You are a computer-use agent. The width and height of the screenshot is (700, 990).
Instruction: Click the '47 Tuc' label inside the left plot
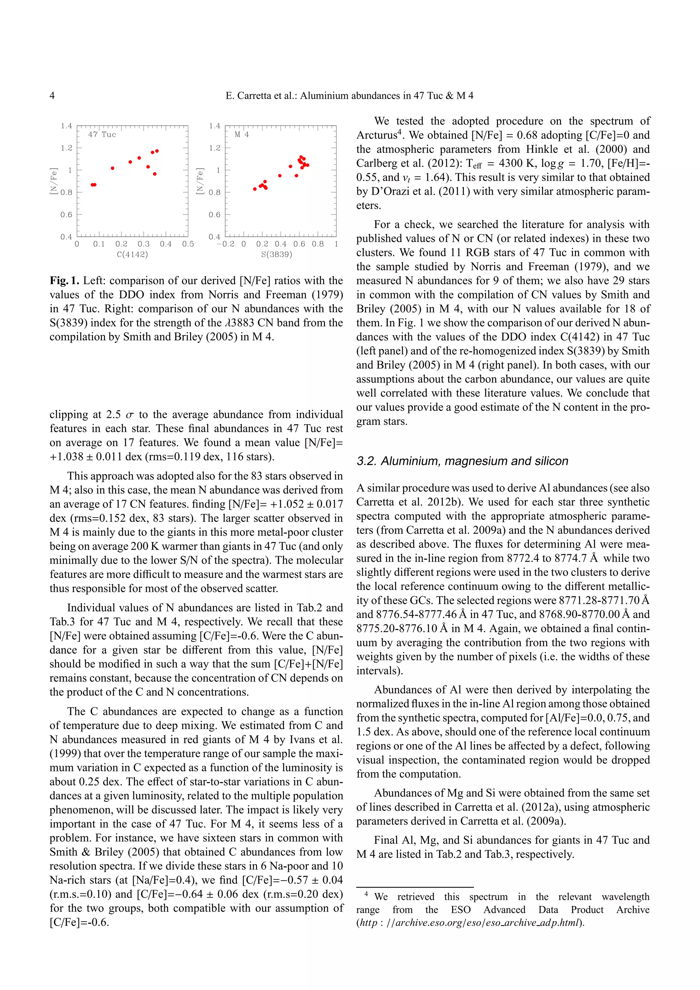pyautogui.click(x=102, y=135)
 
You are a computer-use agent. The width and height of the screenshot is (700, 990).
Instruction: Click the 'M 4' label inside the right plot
pyautogui.click(x=242, y=135)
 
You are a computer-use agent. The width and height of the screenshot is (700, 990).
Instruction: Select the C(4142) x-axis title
pyautogui.click(x=132, y=255)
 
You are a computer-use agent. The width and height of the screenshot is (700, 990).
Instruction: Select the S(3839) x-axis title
pyautogui.click(x=277, y=255)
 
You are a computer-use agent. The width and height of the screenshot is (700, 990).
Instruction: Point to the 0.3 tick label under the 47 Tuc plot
pyautogui.click(x=144, y=244)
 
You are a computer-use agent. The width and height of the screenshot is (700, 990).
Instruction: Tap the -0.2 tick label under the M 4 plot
pyautogui.click(x=226, y=244)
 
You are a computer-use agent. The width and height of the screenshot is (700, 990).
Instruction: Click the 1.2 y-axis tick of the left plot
pyautogui.click(x=66, y=148)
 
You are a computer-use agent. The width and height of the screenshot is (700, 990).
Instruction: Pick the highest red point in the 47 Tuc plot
pyautogui.click(x=157, y=151)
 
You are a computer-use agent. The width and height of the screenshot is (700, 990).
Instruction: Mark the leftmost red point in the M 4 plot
pyautogui.click(x=255, y=189)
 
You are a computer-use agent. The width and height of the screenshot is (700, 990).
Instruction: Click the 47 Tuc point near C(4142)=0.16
pyautogui.click(x=112, y=168)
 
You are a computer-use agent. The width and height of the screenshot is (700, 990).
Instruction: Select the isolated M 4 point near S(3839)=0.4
pyautogui.click(x=280, y=176)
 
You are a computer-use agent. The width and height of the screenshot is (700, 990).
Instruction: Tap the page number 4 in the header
pyautogui.click(x=52, y=96)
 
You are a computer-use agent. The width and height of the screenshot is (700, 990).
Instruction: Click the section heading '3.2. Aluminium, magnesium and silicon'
pyautogui.click(x=462, y=461)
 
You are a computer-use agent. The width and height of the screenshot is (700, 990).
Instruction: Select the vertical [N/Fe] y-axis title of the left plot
pyautogui.click(x=53, y=181)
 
